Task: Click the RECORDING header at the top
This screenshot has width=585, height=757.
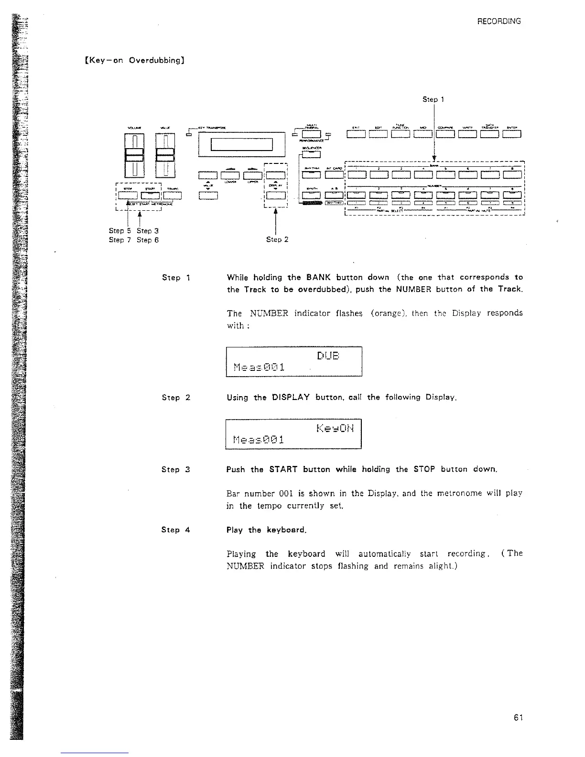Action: point(499,22)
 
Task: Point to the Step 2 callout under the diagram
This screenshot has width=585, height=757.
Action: point(277,239)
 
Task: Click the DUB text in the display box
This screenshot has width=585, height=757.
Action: point(328,356)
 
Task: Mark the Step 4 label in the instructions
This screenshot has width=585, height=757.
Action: point(176,530)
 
